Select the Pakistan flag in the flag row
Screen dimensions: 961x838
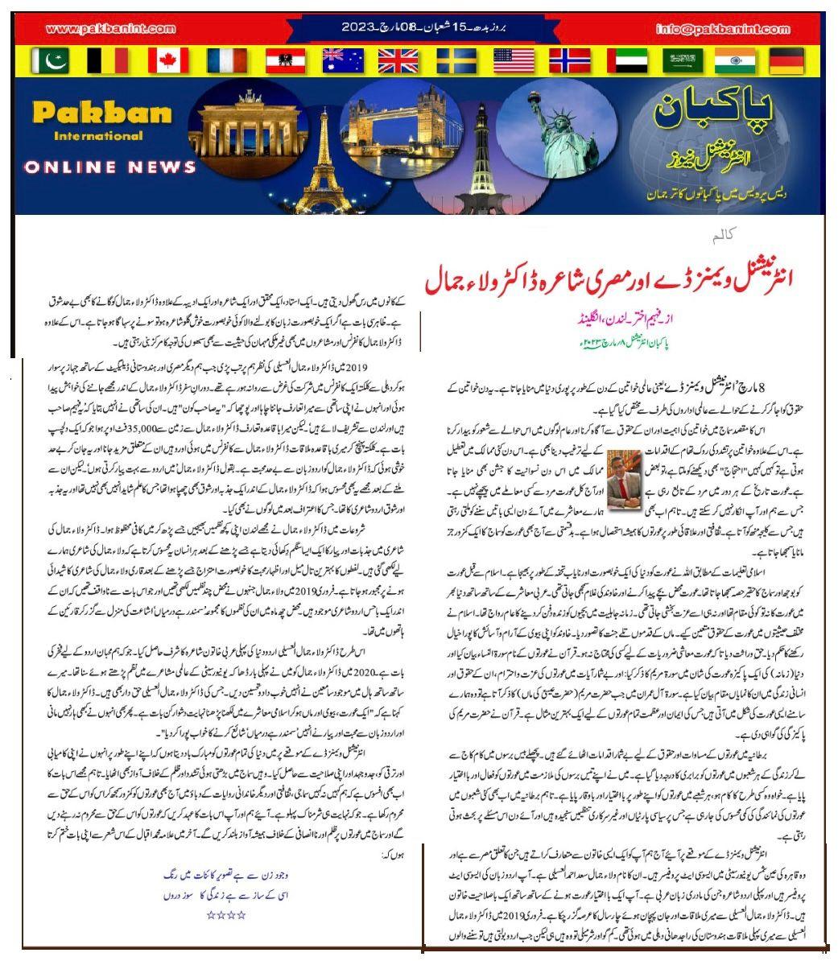point(50,60)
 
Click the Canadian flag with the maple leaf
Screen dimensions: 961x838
point(168,60)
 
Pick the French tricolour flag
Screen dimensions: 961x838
point(226,60)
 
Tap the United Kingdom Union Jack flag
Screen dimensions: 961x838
point(398,60)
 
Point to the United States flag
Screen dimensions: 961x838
point(513,60)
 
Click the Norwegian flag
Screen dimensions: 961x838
point(571,60)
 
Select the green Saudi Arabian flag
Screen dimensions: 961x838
point(681,60)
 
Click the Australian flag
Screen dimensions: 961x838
point(342,60)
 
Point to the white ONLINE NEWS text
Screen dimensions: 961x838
point(110,167)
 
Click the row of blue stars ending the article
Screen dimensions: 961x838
point(225,914)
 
